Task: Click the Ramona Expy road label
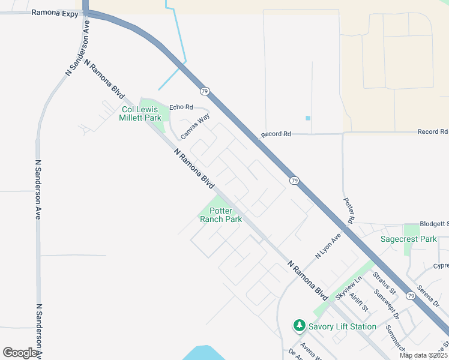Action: click(x=55, y=11)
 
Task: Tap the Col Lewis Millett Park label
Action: click(x=142, y=113)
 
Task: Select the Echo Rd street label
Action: click(x=181, y=107)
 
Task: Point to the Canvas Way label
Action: click(x=195, y=127)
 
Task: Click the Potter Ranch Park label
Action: click(x=221, y=215)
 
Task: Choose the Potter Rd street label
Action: click(x=349, y=211)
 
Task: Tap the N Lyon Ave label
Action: click(x=328, y=246)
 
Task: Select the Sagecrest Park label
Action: click(x=409, y=239)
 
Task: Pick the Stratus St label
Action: click(x=384, y=283)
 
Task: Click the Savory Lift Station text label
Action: click(x=342, y=326)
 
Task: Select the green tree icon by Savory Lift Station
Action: click(x=299, y=326)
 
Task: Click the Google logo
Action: click(x=20, y=353)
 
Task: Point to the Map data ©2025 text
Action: click(x=423, y=355)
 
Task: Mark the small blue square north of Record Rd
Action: click(x=308, y=118)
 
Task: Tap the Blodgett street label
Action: click(x=434, y=223)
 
